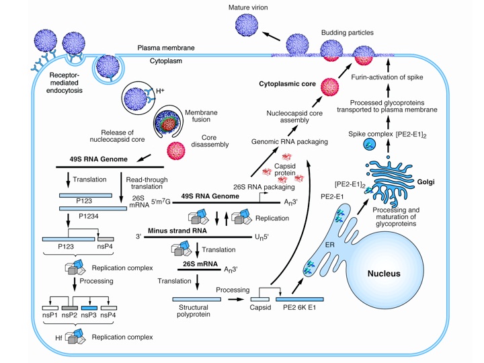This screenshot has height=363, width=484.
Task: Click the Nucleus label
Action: (x=384, y=274)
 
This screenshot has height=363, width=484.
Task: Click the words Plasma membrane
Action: (x=165, y=48)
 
